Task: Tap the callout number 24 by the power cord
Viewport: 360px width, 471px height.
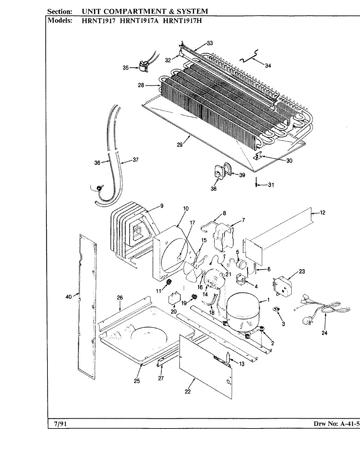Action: tap(324, 333)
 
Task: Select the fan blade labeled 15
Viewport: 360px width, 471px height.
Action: tap(192, 269)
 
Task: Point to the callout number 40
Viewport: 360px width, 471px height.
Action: tap(68, 297)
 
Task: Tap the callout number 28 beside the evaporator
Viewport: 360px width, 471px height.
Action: tap(141, 85)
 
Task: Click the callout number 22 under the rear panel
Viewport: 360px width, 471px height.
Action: tap(188, 392)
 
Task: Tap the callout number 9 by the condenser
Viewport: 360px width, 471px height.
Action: tap(162, 206)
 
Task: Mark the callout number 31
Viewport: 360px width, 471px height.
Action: tap(271, 185)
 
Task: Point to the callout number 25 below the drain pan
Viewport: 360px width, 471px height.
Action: tap(136, 381)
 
